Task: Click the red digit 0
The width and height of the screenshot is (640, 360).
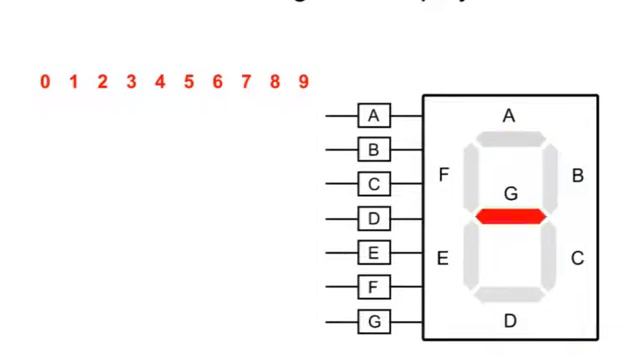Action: pyautogui.click(x=45, y=82)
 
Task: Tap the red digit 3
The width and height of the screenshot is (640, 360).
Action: pyautogui.click(x=131, y=82)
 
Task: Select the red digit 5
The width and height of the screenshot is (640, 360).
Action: pyautogui.click(x=188, y=82)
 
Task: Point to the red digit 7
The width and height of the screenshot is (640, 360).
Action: pyautogui.click(x=246, y=82)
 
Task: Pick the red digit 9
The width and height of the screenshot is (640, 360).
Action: pyautogui.click(x=303, y=82)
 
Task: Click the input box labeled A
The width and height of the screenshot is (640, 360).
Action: pyautogui.click(x=374, y=116)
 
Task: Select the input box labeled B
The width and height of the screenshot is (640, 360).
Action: pyautogui.click(x=374, y=150)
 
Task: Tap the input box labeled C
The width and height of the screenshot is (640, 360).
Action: pyautogui.click(x=374, y=184)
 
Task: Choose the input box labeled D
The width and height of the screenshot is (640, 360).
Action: pyautogui.click(x=374, y=218)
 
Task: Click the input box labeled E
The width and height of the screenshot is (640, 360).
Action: pyautogui.click(x=374, y=253)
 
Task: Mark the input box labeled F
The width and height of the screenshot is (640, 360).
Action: pyautogui.click(x=374, y=288)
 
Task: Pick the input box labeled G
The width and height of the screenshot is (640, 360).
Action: pyautogui.click(x=374, y=322)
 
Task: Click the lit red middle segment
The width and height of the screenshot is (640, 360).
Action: pyautogui.click(x=510, y=216)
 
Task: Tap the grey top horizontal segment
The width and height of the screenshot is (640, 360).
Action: pyautogui.click(x=510, y=138)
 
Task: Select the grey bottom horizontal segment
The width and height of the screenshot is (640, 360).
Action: pyautogui.click(x=510, y=294)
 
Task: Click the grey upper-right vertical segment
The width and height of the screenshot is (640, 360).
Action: pyautogui.click(x=549, y=177)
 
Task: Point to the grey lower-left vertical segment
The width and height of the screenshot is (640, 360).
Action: pyautogui.click(x=472, y=255)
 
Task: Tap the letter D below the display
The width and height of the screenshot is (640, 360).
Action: pyautogui.click(x=510, y=322)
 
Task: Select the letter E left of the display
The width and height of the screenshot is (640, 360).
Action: pyautogui.click(x=443, y=259)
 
